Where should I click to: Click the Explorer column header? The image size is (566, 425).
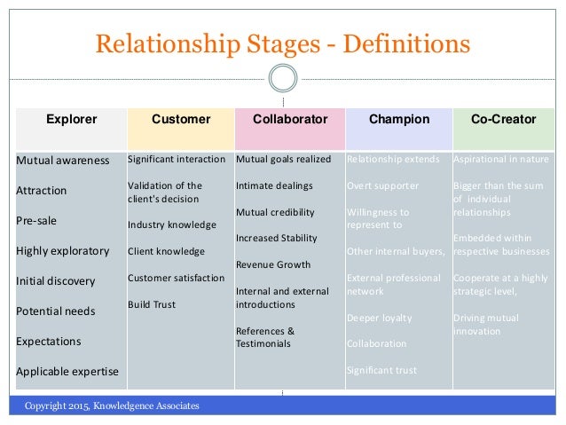(x=71, y=118)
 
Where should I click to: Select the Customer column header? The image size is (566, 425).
(x=181, y=118)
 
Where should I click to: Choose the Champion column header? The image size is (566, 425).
(x=398, y=118)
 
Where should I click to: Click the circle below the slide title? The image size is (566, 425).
(x=282, y=78)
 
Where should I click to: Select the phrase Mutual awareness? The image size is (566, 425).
(x=63, y=161)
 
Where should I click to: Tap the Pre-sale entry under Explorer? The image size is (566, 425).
(x=38, y=220)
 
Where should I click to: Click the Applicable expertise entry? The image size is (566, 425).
(x=67, y=371)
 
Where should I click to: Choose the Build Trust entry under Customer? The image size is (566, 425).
(x=152, y=304)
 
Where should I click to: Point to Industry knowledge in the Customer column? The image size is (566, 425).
(x=171, y=224)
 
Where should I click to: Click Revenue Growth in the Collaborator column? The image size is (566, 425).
(x=273, y=264)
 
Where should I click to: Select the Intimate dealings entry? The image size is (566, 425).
(x=274, y=185)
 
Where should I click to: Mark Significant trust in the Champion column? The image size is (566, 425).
(x=381, y=370)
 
